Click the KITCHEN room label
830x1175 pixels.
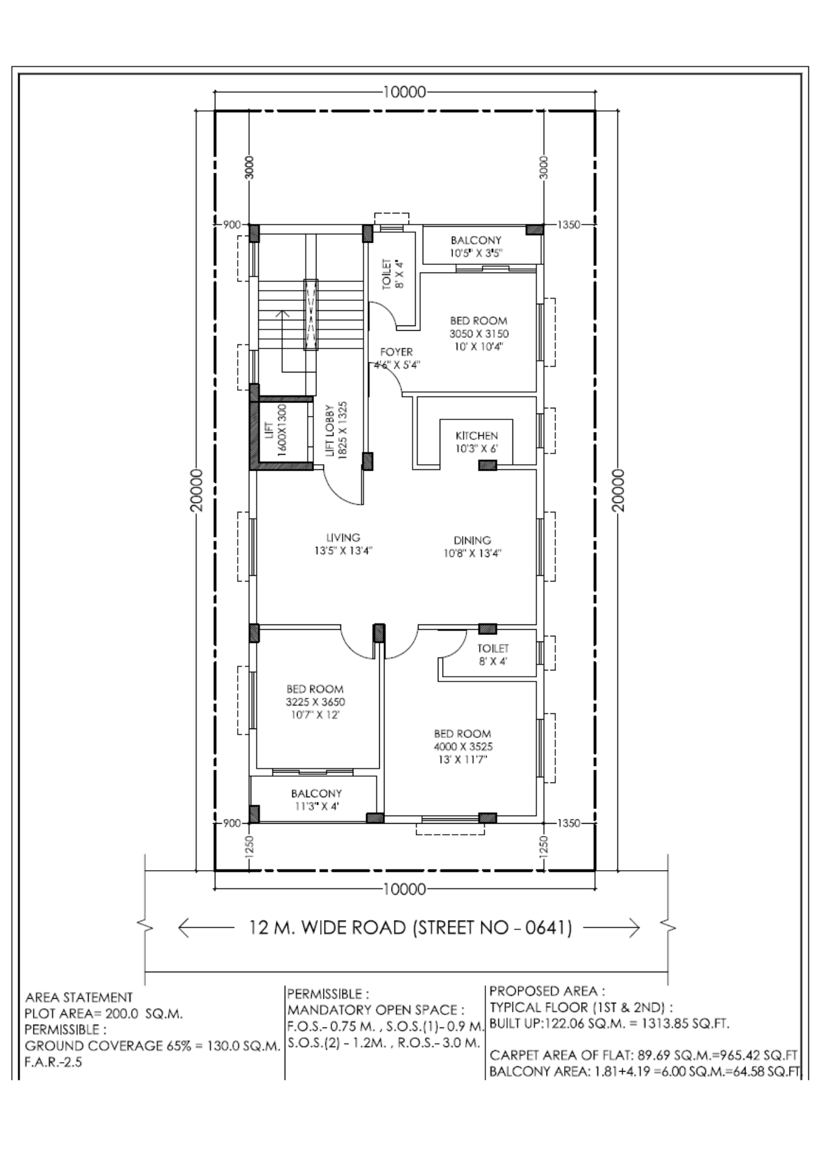[x=477, y=436]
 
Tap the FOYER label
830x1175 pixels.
[x=396, y=352]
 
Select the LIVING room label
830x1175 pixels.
[x=343, y=538]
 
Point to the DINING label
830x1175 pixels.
[x=473, y=540]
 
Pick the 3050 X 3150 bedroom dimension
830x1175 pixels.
[x=479, y=334]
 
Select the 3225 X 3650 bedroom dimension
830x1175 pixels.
[x=315, y=702]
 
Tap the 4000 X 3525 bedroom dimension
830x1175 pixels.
[x=463, y=747]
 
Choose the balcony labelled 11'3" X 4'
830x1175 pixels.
[x=316, y=800]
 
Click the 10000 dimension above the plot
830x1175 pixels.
[x=404, y=92]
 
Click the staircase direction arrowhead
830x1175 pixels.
[x=282, y=313]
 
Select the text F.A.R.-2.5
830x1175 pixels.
[x=53, y=1062]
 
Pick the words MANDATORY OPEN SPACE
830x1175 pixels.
[x=376, y=1010]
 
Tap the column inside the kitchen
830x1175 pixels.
[x=487, y=466]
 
